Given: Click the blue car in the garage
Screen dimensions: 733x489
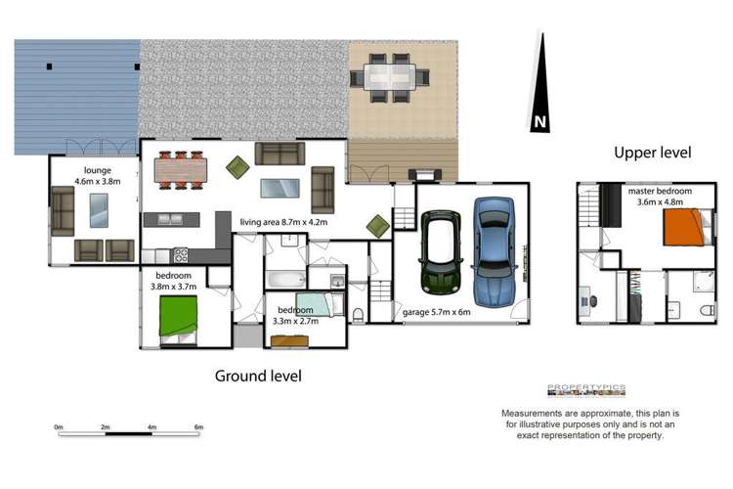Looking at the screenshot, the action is point(495,251).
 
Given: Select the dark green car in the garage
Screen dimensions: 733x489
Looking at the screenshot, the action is point(441,251).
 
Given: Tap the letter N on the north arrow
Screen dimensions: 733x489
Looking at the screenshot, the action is point(539,121).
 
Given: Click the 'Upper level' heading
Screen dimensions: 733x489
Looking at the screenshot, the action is point(652,153).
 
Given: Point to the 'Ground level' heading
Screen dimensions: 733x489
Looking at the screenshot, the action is point(258,376).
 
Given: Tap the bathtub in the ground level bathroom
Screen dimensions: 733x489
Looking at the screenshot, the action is point(285,280).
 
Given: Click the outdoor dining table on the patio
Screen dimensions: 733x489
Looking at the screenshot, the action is point(389,76).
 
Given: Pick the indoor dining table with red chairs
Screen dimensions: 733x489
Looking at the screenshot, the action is point(181,170).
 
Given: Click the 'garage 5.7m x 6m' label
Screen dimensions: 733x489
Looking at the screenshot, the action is point(436,312).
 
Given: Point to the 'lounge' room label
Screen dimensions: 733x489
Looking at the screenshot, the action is point(98,170).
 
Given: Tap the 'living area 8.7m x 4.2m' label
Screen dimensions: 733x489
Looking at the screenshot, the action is point(283,222).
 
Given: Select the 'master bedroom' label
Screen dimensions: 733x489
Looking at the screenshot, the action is point(660,191).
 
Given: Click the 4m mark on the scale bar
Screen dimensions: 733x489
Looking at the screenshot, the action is point(151,427).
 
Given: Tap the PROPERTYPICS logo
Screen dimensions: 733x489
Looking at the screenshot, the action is point(586,390).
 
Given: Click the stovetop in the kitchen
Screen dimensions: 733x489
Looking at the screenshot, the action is point(181,255).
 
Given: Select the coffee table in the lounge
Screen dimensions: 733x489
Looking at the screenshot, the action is point(99,210).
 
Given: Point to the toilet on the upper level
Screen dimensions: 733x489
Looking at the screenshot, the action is point(708,310).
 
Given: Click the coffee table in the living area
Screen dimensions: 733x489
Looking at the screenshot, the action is point(280,188).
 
